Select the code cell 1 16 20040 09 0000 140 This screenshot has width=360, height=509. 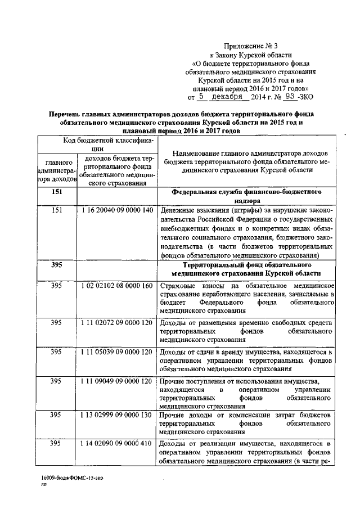[116, 210]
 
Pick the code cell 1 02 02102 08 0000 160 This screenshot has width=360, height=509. [116, 286]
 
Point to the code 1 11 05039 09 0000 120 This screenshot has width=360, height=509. [116, 352]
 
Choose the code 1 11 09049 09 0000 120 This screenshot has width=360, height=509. [116, 381]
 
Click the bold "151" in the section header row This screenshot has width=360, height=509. [56, 192]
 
